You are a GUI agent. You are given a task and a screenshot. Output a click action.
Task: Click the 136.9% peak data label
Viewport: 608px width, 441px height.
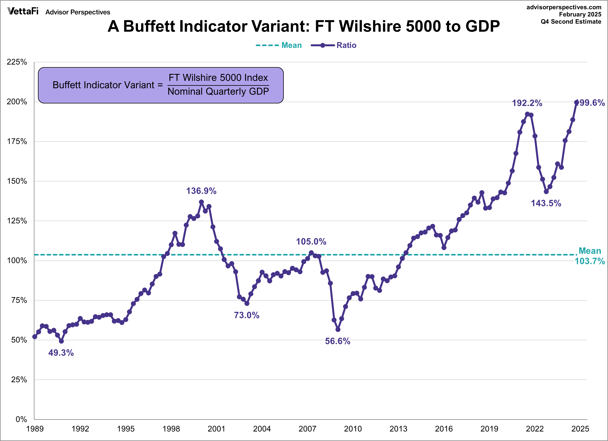201,191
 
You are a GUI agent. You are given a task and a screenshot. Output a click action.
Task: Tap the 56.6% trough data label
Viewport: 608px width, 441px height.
337,341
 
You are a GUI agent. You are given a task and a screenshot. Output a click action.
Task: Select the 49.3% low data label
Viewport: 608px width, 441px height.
61,353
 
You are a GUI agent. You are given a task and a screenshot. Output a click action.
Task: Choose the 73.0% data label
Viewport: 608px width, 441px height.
246,315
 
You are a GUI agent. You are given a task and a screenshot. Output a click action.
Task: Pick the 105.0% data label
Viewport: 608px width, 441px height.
311,241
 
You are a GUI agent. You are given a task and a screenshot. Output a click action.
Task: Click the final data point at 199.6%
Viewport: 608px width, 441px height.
576,102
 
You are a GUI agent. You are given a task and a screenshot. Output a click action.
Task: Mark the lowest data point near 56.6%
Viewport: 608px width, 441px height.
338,329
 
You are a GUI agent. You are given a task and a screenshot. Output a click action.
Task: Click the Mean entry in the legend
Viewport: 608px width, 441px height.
291,45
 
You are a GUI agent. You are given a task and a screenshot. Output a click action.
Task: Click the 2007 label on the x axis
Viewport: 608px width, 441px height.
307,429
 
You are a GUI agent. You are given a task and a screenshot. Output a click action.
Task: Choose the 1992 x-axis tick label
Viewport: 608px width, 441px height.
80,429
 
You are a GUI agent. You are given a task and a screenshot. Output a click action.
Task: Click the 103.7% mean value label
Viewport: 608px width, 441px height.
590,261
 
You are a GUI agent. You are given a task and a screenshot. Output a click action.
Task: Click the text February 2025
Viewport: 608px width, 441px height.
580,14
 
